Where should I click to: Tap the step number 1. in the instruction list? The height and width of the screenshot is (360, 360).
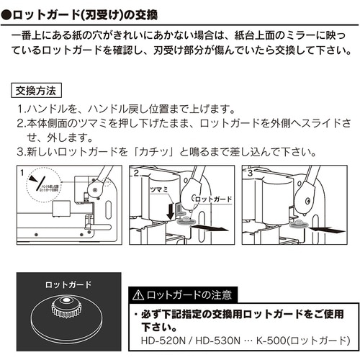point(21,109)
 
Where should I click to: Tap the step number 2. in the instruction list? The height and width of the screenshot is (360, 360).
point(21,123)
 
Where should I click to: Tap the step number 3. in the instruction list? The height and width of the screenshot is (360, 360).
point(21,152)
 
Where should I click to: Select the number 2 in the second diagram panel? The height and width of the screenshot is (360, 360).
point(135,173)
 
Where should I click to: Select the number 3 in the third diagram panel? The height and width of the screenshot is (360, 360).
point(249,173)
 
